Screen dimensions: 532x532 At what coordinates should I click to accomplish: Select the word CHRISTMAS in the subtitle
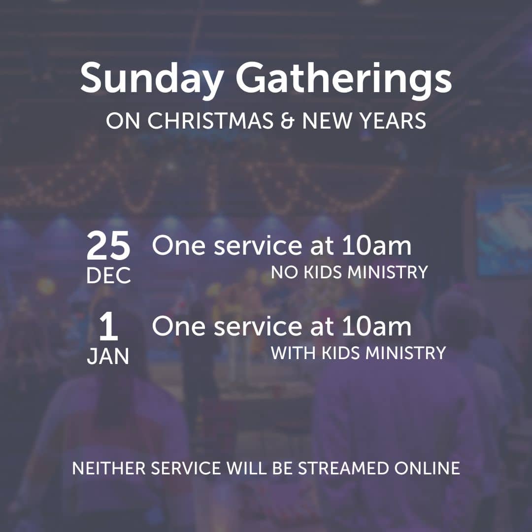click(x=210, y=121)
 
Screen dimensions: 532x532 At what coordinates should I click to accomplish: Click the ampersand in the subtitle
click(x=287, y=121)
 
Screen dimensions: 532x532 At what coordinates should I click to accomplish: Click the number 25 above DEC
click(x=108, y=245)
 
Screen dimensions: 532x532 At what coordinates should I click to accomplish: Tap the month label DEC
click(x=108, y=275)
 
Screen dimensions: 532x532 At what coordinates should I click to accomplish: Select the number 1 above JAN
click(x=108, y=327)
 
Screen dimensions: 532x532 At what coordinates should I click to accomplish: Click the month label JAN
click(x=108, y=356)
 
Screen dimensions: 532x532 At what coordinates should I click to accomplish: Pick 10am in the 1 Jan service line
click(x=377, y=326)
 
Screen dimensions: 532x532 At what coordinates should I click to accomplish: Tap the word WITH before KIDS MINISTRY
click(x=293, y=353)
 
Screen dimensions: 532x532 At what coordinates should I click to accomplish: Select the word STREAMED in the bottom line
click(x=343, y=468)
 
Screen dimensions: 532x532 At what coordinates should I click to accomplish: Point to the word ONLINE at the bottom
click(x=427, y=468)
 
